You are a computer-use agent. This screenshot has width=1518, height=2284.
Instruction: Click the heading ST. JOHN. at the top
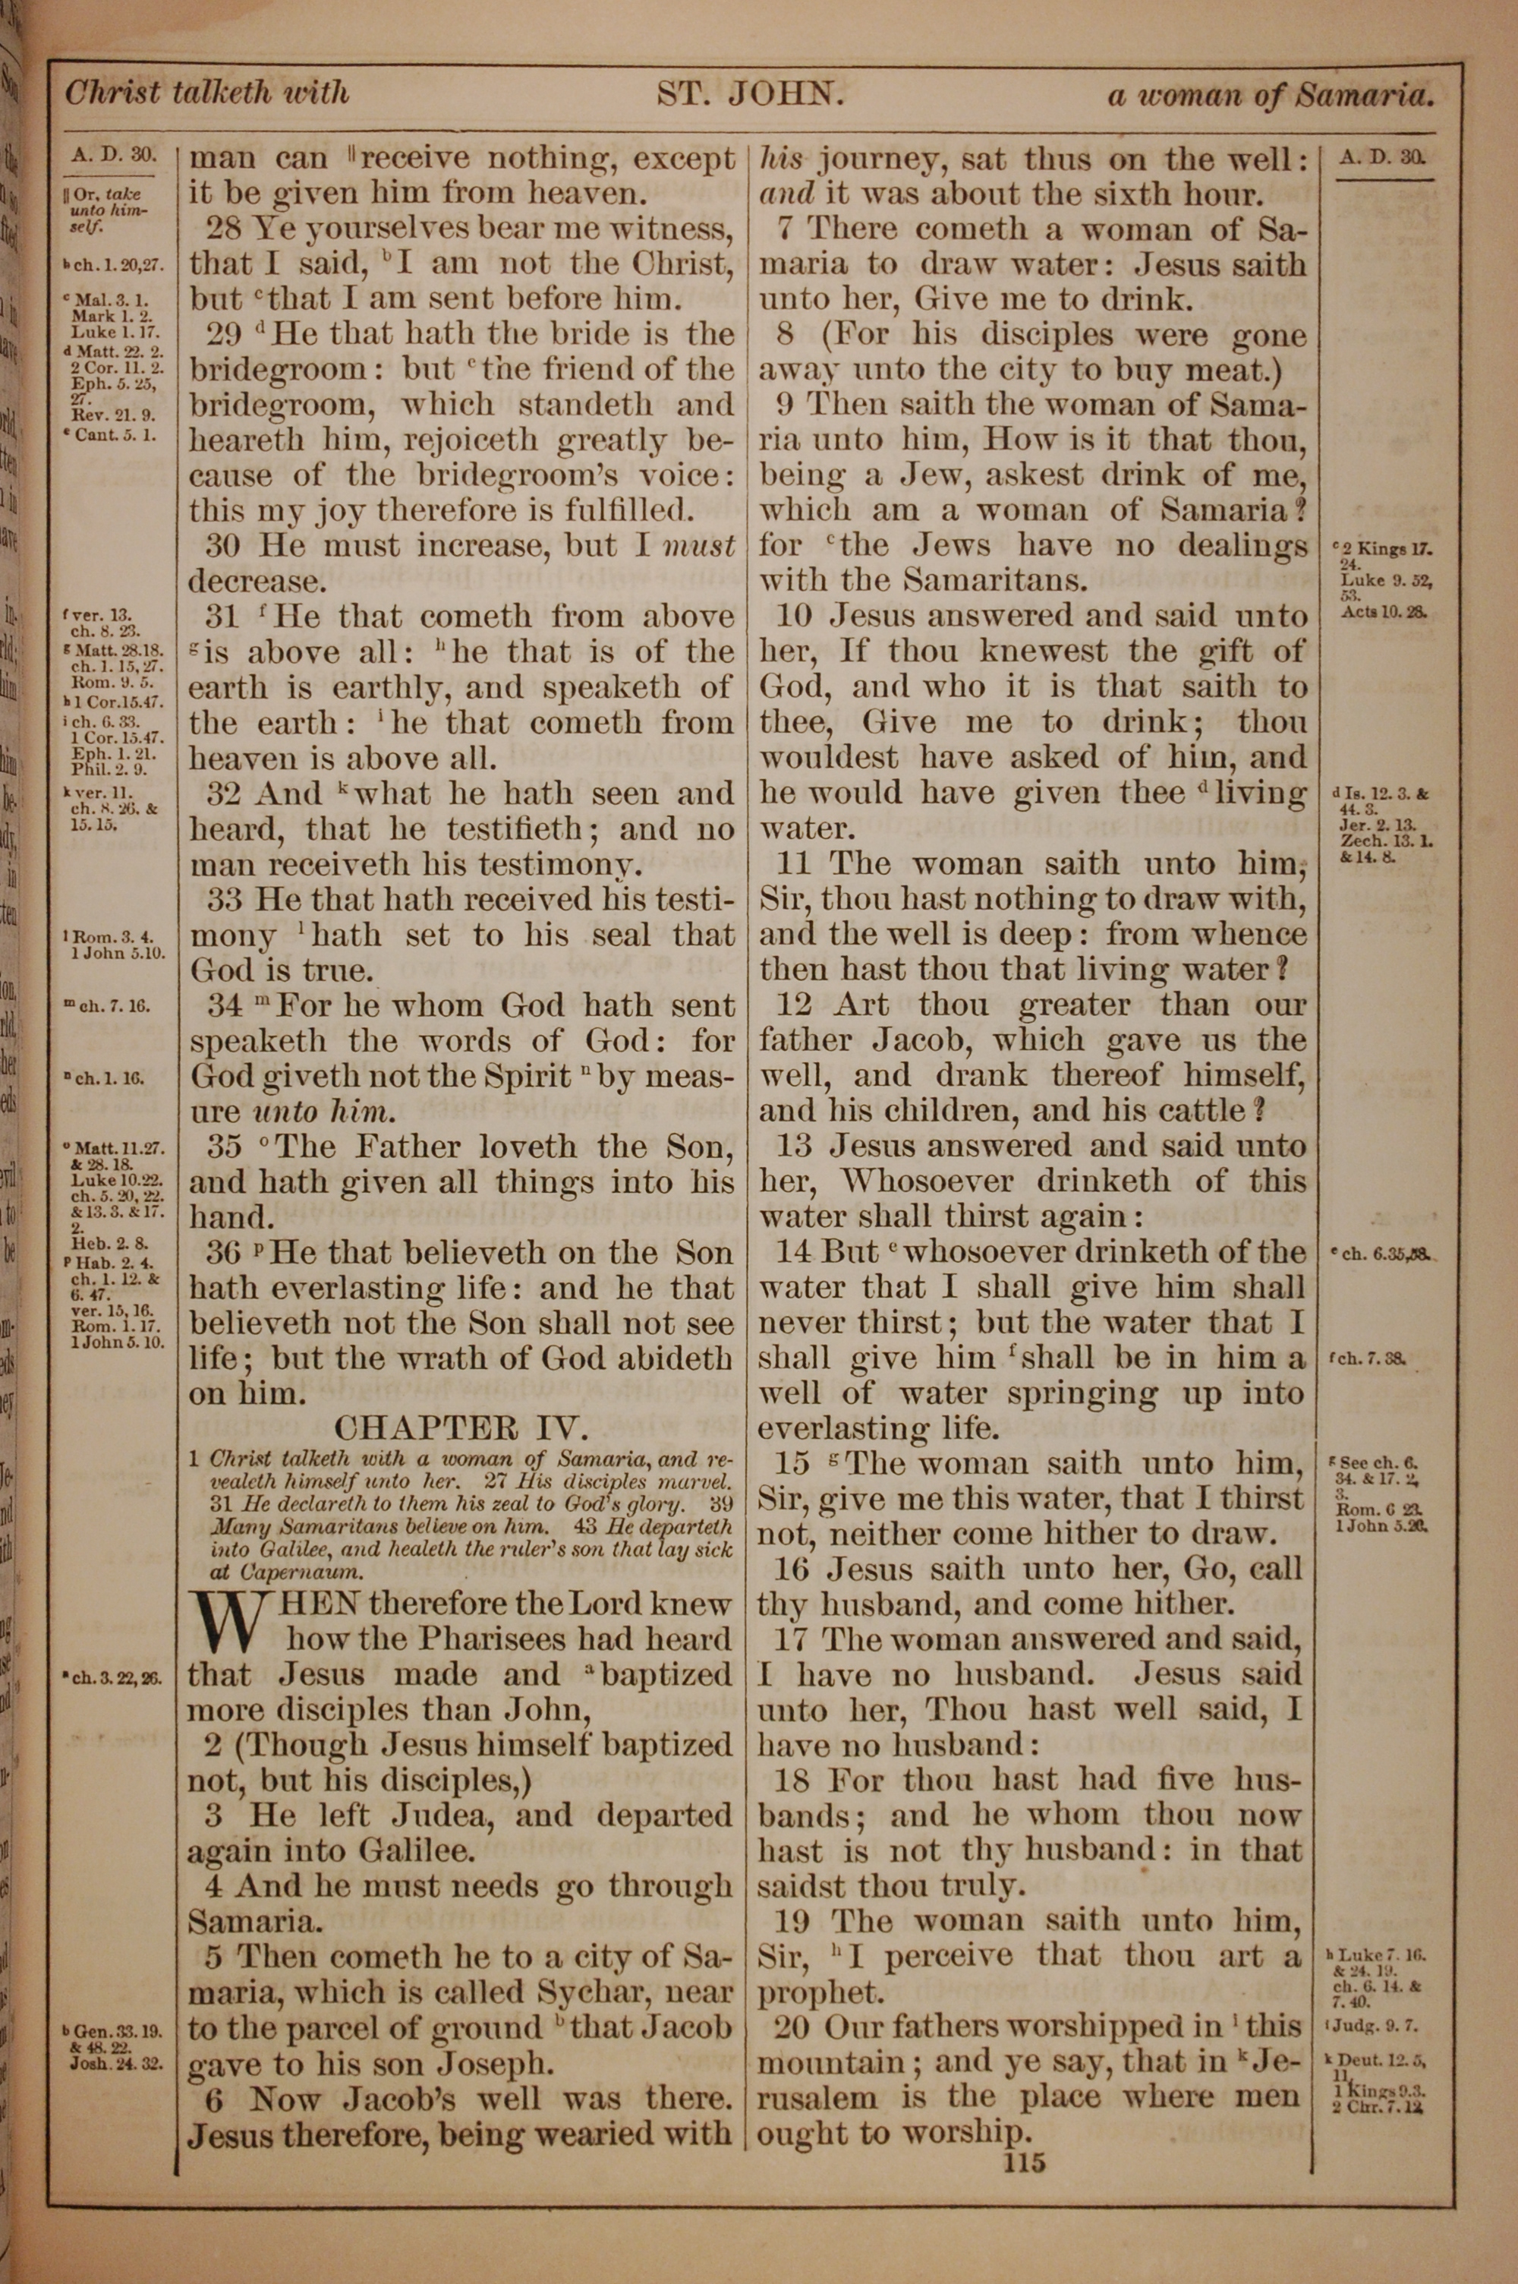coord(752,95)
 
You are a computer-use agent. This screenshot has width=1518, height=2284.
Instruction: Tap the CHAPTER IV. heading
coord(460,1428)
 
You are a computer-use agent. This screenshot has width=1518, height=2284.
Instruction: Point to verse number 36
coord(225,1253)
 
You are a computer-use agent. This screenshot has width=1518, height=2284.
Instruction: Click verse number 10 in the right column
coord(797,616)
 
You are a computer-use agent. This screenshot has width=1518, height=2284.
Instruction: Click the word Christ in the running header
coord(112,93)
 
